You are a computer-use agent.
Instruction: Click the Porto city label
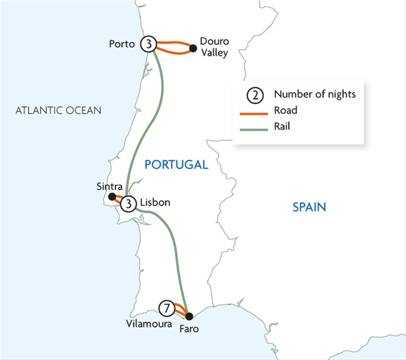click(x=121, y=44)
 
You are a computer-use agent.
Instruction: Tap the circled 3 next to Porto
click(x=149, y=44)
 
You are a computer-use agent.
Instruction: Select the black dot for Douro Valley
click(x=193, y=48)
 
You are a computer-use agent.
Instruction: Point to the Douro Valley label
click(x=214, y=47)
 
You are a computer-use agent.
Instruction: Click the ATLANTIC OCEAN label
click(x=58, y=111)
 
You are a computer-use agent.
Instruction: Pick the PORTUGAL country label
click(x=176, y=165)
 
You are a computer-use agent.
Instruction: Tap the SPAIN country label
click(x=310, y=207)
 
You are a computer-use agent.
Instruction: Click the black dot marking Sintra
click(x=112, y=196)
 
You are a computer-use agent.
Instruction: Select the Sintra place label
click(x=110, y=187)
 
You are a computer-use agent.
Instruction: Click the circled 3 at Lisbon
click(x=128, y=204)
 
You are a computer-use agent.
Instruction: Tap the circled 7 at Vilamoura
click(x=167, y=309)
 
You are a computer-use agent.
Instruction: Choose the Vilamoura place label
click(x=149, y=324)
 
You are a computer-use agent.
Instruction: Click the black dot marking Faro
click(x=189, y=316)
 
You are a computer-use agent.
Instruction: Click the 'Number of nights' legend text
click(x=315, y=94)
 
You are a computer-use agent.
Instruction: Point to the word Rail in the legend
click(x=282, y=126)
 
